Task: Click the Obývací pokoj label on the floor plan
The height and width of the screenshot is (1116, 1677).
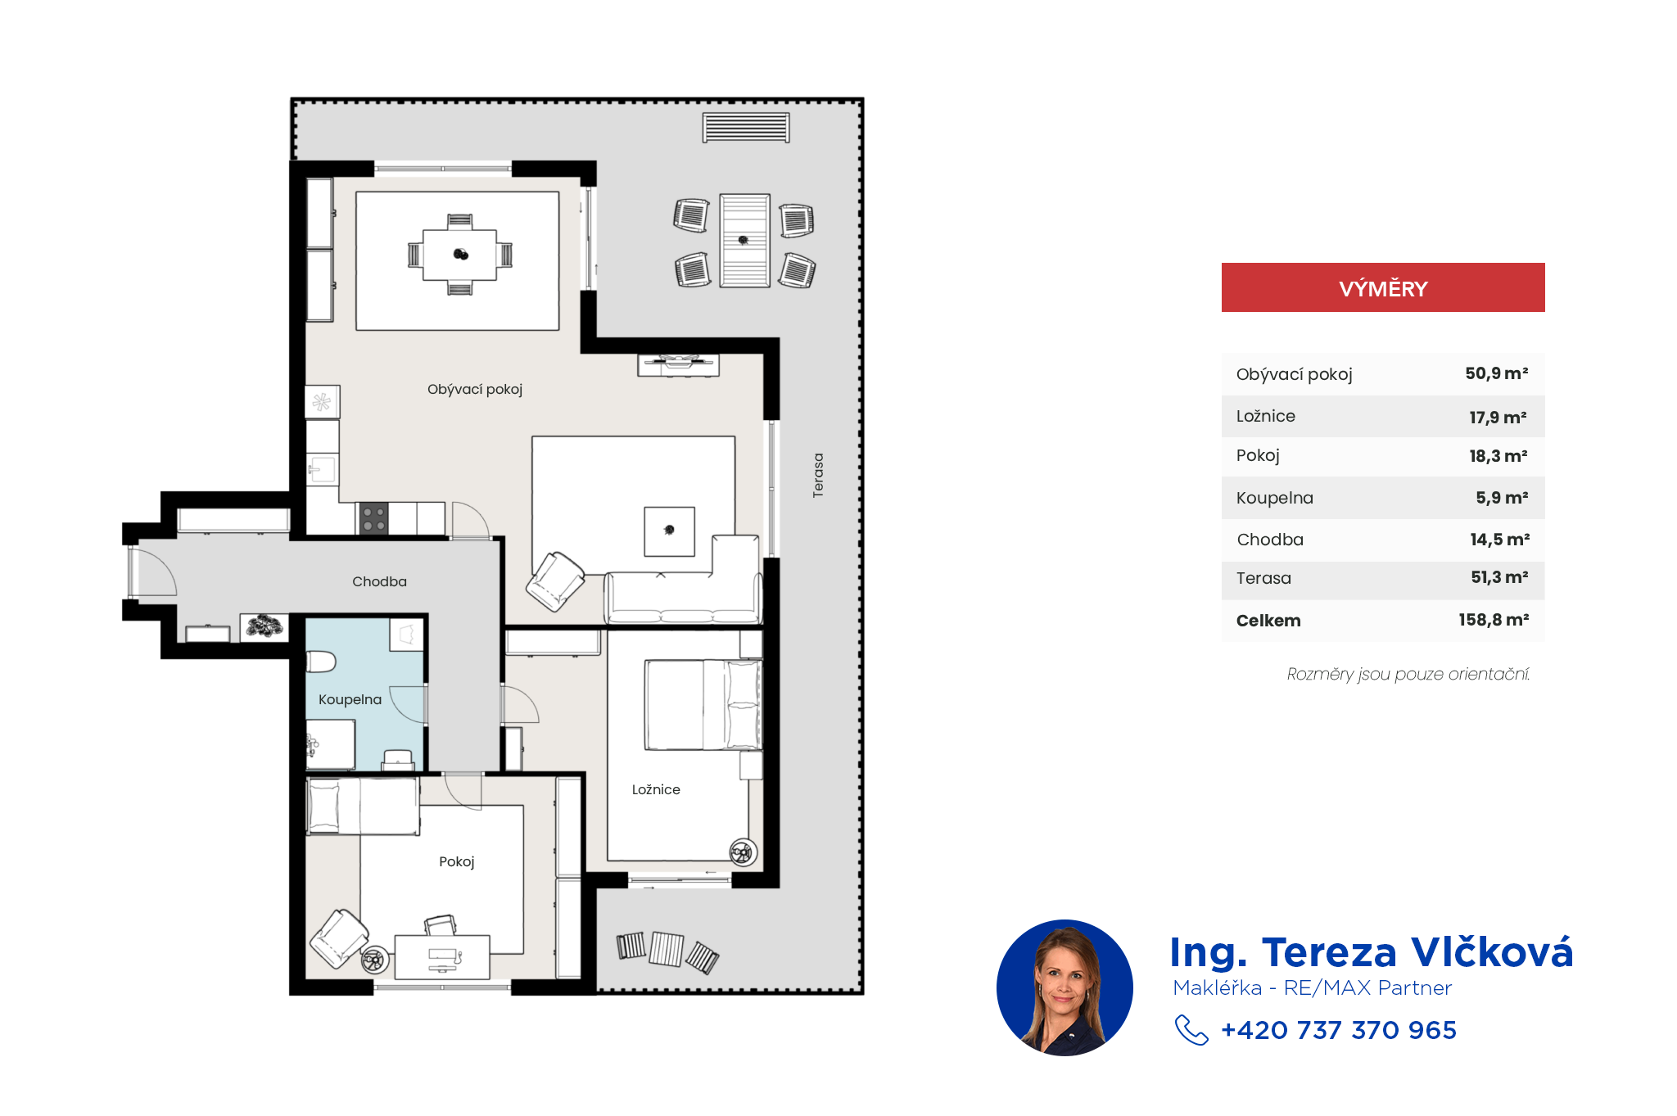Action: click(475, 390)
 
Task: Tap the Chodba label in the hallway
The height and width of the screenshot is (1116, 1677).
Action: click(379, 581)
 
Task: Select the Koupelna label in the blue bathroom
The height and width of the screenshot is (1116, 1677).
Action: click(350, 699)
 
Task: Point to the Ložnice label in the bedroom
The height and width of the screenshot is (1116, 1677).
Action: click(656, 789)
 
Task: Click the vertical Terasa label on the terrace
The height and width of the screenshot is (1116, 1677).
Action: click(818, 475)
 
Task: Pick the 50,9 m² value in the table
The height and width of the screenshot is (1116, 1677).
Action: click(1497, 373)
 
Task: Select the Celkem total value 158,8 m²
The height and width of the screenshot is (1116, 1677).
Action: click(1494, 620)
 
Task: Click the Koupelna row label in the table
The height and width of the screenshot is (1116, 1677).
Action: click(1275, 498)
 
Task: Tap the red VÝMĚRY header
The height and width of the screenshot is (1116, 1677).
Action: click(1383, 287)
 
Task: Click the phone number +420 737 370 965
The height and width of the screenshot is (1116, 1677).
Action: click(1339, 1030)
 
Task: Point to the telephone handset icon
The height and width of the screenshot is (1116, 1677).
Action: click(1191, 1030)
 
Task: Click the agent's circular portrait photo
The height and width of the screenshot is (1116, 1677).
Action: click(1065, 987)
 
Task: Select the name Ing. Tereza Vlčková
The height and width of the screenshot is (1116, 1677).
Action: click(1372, 952)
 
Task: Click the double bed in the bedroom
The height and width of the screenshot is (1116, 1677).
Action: click(703, 705)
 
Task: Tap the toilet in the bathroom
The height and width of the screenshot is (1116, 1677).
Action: click(321, 661)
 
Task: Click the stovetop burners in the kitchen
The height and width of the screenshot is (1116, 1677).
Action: click(373, 518)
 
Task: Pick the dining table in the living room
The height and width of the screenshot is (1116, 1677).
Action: click(459, 255)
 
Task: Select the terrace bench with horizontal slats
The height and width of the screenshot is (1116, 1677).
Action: click(746, 128)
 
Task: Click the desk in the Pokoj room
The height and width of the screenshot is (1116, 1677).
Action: click(442, 956)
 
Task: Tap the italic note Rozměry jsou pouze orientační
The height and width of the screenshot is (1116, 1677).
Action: click(1408, 674)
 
